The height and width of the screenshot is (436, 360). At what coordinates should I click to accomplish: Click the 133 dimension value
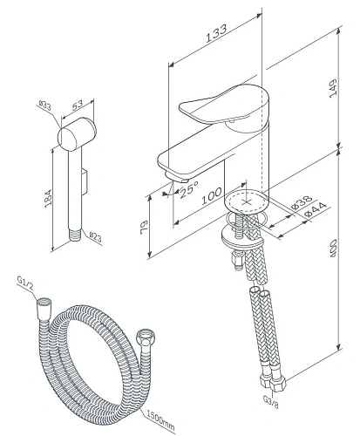216,34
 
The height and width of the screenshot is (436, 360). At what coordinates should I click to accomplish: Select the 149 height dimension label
333,88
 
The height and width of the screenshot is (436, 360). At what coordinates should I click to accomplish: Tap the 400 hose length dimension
333,248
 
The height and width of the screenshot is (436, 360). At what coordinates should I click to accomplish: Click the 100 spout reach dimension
212,196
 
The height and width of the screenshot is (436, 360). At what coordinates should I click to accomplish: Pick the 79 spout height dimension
144,228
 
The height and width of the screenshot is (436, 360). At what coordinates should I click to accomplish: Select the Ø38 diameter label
302,202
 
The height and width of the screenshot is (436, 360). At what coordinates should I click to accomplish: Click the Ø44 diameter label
316,209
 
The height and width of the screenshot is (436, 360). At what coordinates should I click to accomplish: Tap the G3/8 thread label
271,402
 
